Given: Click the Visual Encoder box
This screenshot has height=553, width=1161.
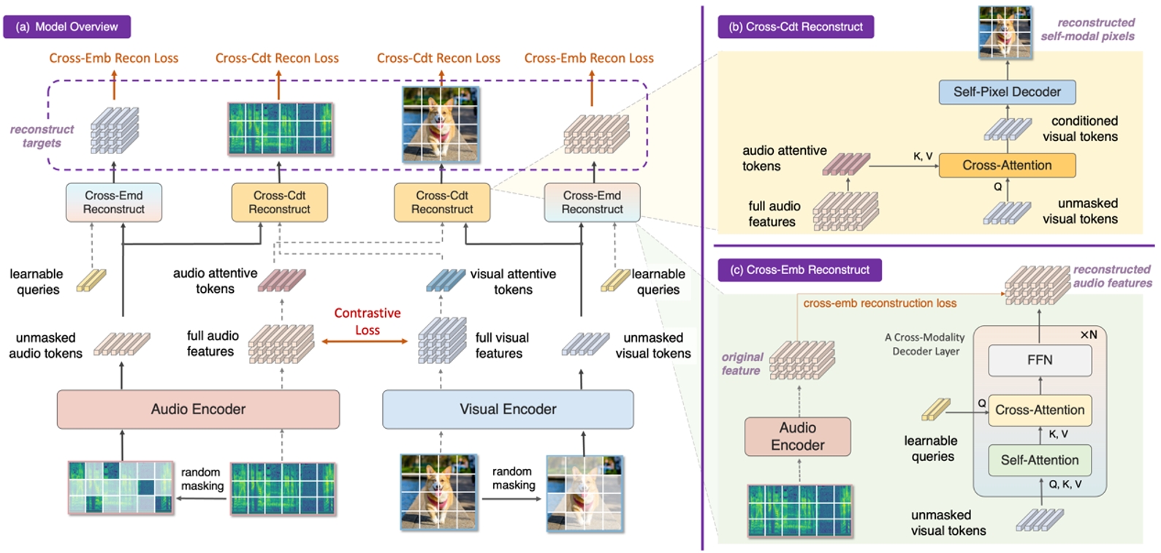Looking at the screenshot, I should click(508, 409).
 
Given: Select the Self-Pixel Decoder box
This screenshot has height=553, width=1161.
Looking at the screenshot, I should click(1007, 92).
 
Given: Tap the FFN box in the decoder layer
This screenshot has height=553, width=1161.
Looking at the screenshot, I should click(1040, 360).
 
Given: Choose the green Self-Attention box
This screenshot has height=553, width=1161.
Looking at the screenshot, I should click(1039, 460).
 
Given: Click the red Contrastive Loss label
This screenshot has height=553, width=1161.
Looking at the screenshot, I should click(367, 321).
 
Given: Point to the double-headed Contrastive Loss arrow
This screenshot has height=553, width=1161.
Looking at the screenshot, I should click(365, 341).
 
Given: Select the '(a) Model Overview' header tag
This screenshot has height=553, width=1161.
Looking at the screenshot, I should click(66, 27).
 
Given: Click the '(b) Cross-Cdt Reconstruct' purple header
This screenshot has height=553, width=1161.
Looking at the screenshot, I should click(796, 27).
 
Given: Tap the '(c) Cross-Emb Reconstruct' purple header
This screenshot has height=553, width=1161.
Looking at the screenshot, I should click(799, 270).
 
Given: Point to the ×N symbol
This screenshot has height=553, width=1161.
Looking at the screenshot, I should click(1088, 335).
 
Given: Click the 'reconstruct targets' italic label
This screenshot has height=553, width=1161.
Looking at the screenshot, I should click(42, 136).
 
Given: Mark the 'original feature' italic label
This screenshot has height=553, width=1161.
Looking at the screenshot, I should click(742, 364).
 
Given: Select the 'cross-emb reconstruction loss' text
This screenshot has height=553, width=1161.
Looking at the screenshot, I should click(880, 303).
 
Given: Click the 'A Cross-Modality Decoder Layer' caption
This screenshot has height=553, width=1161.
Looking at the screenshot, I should click(925, 344).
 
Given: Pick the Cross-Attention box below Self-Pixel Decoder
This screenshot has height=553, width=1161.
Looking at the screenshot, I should click(1007, 166).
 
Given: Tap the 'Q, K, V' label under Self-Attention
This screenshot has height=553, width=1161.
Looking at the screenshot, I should click(1065, 484).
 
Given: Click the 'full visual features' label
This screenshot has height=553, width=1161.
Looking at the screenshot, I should click(501, 346).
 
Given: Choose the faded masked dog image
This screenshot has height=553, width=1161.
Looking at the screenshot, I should click(585, 492).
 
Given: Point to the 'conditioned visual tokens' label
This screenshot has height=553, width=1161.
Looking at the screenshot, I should click(1084, 129).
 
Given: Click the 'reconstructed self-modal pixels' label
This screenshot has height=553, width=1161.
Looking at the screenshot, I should click(1087, 29).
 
